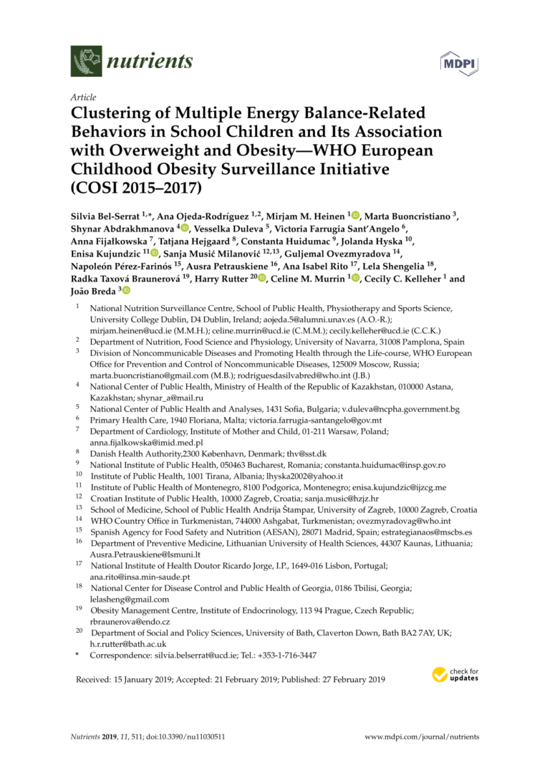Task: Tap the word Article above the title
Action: [x=83, y=97]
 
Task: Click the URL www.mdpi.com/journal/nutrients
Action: [x=422, y=736]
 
